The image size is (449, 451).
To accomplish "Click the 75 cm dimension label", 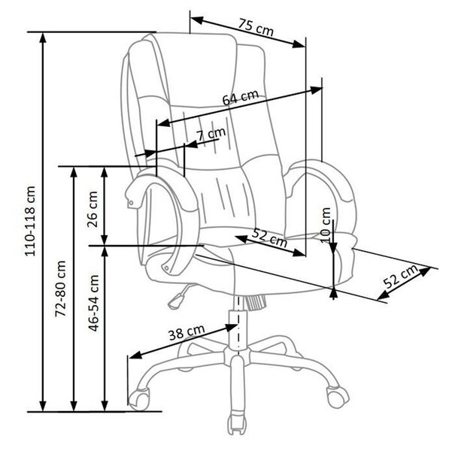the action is click(255, 28).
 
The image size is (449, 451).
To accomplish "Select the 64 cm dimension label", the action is click(241, 97).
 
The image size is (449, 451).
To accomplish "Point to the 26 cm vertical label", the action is click(93, 209).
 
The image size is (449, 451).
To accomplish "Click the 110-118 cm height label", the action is click(30, 221).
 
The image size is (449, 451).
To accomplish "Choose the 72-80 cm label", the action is click(61, 289).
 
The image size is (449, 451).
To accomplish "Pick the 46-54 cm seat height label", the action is click(94, 303).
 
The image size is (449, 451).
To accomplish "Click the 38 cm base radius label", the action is click(187, 332).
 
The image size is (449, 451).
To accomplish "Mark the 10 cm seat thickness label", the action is click(326, 225).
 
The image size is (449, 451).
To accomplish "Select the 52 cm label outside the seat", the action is click(401, 276).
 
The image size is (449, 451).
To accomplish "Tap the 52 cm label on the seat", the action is click(269, 238).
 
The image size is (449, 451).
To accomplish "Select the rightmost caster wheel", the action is click(338, 396).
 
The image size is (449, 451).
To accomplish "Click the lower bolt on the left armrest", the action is click(166, 268).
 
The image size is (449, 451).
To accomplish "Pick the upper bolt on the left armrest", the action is click(131, 203).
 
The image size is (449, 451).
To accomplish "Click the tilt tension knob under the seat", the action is click(255, 303).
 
